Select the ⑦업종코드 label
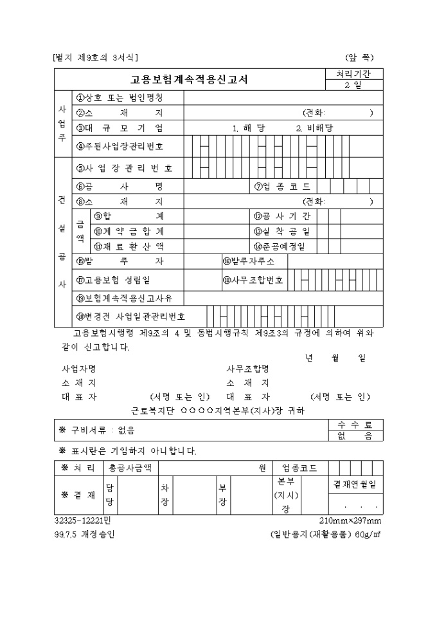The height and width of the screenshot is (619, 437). (281, 187)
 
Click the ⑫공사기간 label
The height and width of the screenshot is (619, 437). (281, 216)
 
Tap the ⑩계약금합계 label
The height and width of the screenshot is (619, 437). (129, 231)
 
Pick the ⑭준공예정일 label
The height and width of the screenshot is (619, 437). (281, 246)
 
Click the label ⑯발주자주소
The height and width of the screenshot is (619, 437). (249, 261)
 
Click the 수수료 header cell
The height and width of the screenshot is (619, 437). (355, 425)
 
